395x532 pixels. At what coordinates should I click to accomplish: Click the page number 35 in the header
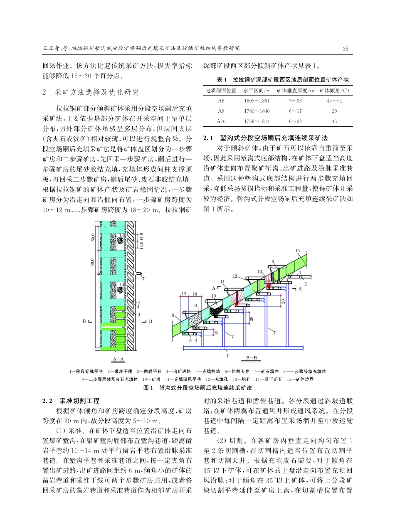(x=345, y=49)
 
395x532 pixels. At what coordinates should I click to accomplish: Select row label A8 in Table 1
(x=220, y=101)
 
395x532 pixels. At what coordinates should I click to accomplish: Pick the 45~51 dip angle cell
(x=335, y=101)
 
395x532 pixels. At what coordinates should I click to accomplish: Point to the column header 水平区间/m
(x=257, y=91)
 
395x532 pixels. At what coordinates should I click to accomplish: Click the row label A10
(x=221, y=121)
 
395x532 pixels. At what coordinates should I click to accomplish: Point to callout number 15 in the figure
(x=297, y=251)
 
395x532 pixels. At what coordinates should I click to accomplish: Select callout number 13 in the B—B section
(x=260, y=271)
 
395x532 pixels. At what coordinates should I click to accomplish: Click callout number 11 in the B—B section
(x=222, y=282)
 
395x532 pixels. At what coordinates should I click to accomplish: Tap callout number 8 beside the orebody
(x=173, y=315)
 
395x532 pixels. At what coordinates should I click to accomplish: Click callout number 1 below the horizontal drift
(x=227, y=355)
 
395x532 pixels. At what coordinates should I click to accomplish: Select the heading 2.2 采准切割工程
(x=71, y=401)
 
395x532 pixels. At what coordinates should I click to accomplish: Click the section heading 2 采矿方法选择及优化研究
(x=91, y=92)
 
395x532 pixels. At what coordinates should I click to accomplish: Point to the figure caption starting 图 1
(x=197, y=388)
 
